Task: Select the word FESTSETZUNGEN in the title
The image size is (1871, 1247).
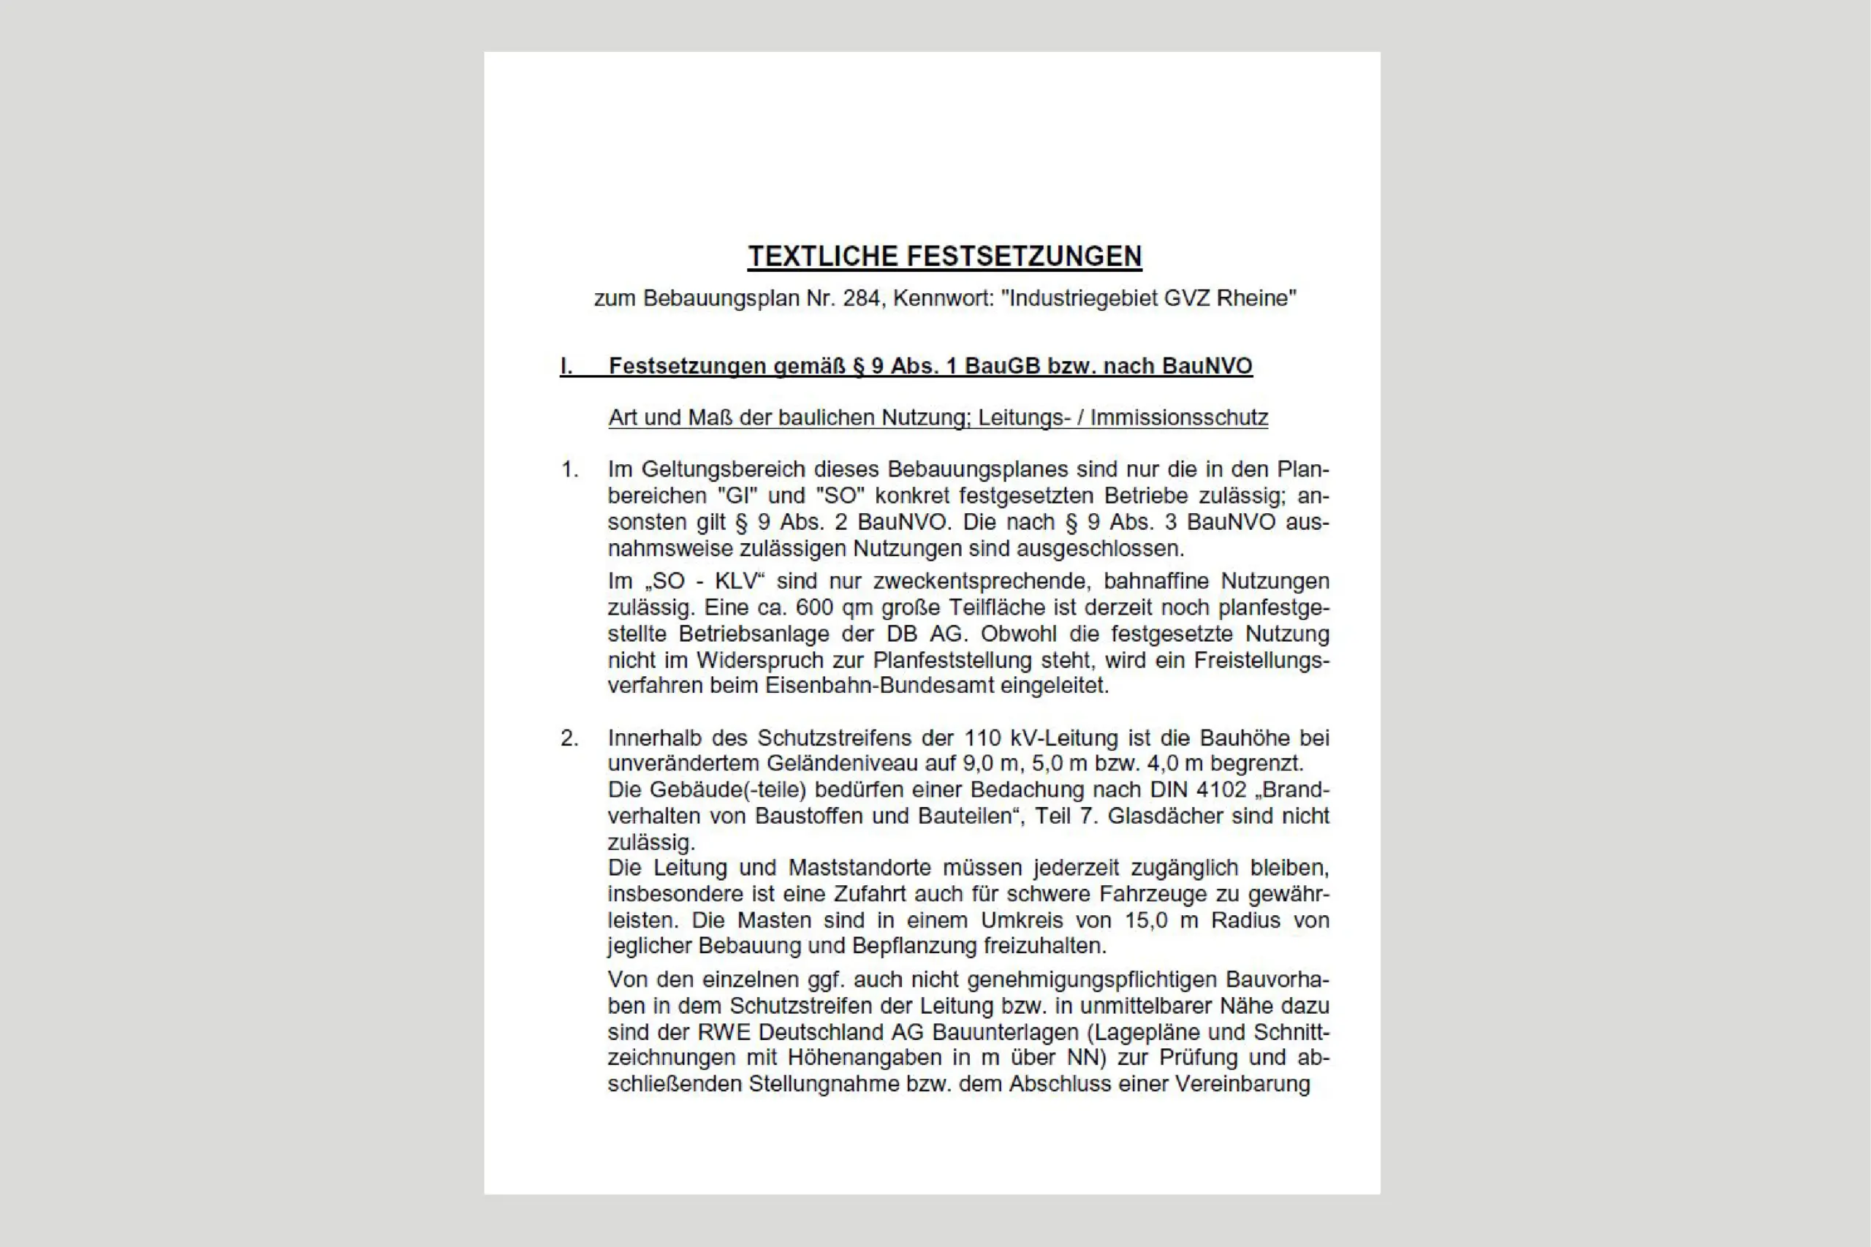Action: pyautogui.click(x=1024, y=256)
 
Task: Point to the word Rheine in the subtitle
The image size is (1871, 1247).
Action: pyautogui.click(x=1256, y=298)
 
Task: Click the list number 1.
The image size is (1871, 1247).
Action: pyautogui.click(x=569, y=470)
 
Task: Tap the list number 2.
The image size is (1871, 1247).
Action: pyautogui.click(x=569, y=738)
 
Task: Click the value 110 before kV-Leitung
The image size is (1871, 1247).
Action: pyautogui.click(x=983, y=738)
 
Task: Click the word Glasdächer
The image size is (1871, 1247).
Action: pyautogui.click(x=1160, y=816)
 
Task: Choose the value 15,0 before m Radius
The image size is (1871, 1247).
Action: pyautogui.click(x=1145, y=920)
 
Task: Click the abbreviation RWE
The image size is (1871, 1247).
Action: pyautogui.click(x=724, y=1032)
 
